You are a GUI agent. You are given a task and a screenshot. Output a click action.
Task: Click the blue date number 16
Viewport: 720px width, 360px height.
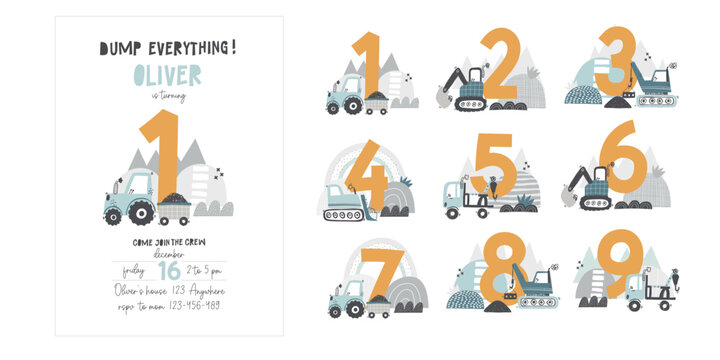click(x=167, y=269)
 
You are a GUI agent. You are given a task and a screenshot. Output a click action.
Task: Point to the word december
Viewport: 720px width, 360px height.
click(x=167, y=254)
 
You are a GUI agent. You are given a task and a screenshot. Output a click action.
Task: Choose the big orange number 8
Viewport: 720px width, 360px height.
click(x=495, y=274)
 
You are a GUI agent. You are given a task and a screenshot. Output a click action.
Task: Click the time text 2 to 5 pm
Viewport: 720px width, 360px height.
click(x=206, y=269)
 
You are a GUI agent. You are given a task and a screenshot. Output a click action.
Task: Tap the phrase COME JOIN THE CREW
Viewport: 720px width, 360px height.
click(x=167, y=242)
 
